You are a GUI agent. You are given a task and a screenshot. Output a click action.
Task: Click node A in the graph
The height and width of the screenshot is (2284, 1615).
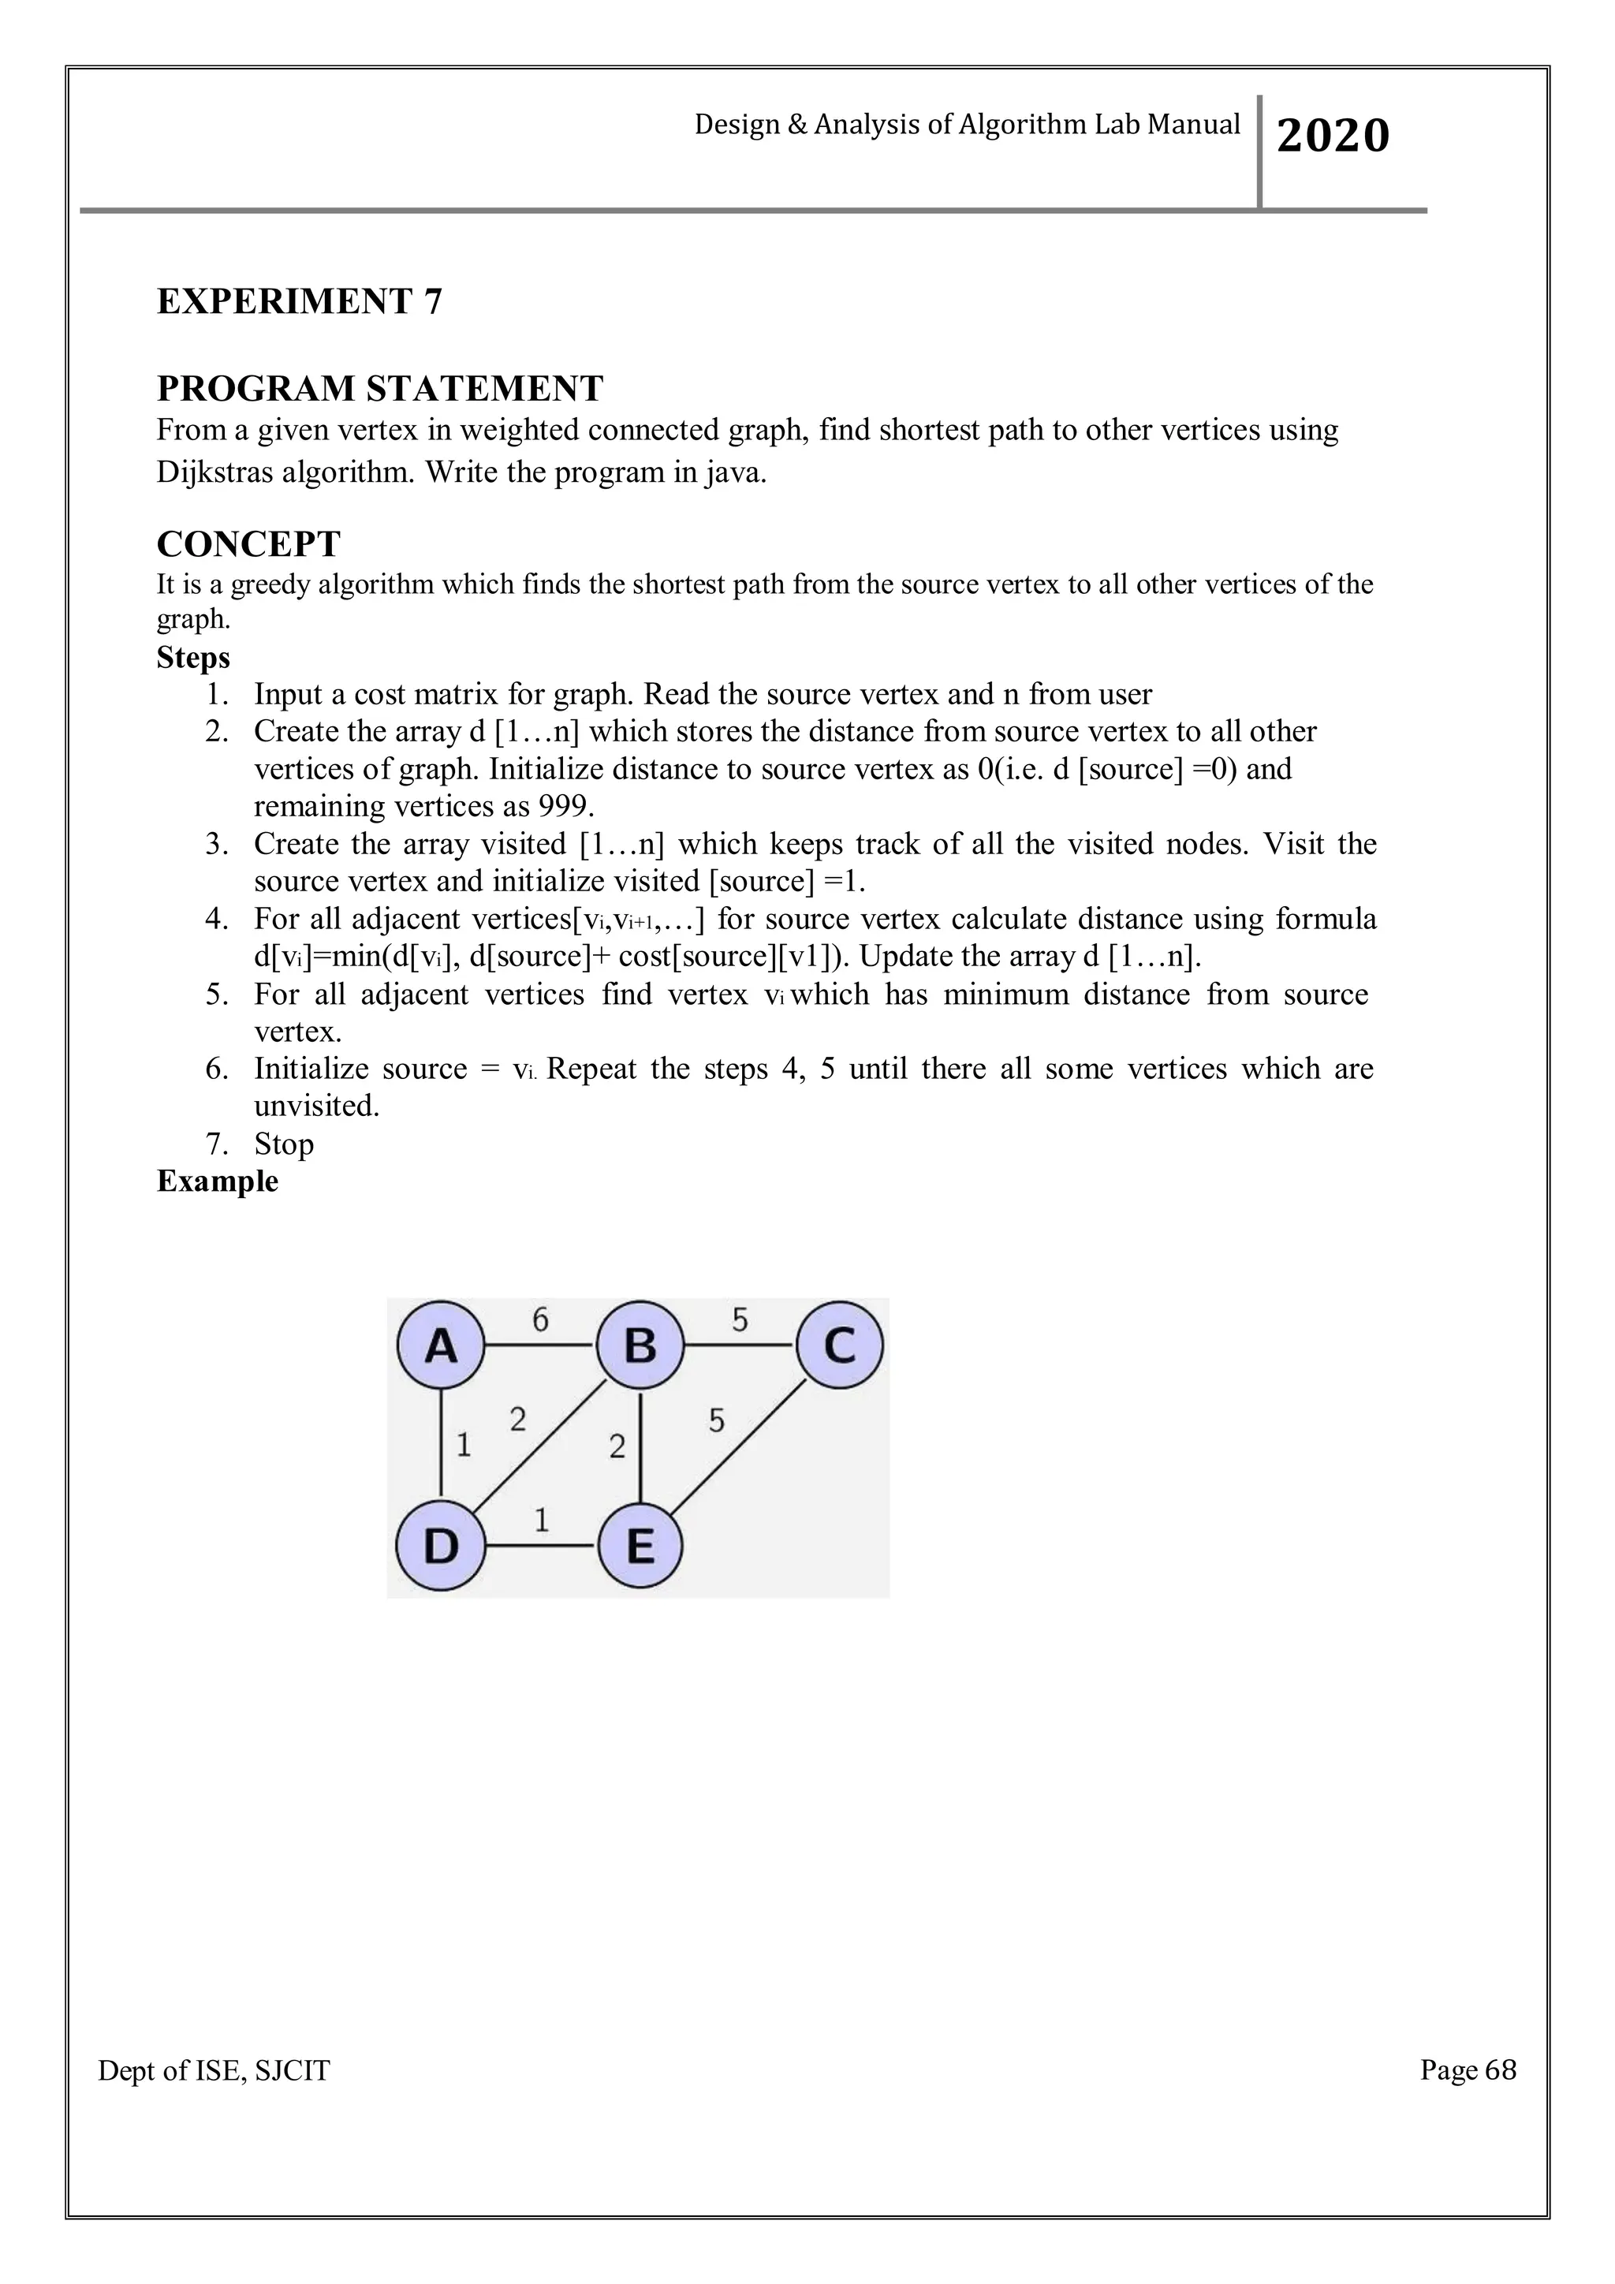tap(441, 1346)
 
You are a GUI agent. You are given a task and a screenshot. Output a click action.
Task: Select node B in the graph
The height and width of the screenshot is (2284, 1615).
tap(640, 1346)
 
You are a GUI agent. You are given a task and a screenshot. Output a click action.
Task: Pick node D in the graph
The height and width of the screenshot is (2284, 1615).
tap(441, 1546)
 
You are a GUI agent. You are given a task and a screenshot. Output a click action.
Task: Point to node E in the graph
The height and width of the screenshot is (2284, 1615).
tap(640, 1546)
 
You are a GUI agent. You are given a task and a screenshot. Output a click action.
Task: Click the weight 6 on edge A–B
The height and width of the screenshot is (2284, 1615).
tap(540, 1320)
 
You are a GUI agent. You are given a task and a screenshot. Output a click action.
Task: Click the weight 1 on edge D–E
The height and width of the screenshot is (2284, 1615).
tap(541, 1520)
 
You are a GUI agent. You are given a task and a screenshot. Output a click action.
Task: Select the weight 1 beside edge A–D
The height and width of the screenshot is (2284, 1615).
tap(464, 1444)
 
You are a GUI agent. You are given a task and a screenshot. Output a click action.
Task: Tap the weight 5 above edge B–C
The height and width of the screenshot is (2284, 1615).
tap(740, 1320)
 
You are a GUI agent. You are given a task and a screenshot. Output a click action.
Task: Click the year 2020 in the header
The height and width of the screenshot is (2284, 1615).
tap(1333, 136)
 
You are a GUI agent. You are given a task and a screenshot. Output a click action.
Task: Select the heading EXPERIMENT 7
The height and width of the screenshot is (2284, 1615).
tap(300, 301)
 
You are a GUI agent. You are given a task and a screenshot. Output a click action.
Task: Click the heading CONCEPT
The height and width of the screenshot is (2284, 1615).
tap(248, 544)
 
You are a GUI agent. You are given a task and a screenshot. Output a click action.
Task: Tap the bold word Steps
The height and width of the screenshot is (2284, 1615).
tap(193, 658)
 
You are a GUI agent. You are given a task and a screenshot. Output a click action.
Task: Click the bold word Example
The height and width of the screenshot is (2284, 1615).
tap(217, 1181)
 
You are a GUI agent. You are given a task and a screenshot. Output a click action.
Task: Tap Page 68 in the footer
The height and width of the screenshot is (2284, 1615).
tap(1468, 2070)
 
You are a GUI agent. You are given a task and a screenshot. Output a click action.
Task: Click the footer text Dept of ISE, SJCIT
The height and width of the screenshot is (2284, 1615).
tap(214, 2071)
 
